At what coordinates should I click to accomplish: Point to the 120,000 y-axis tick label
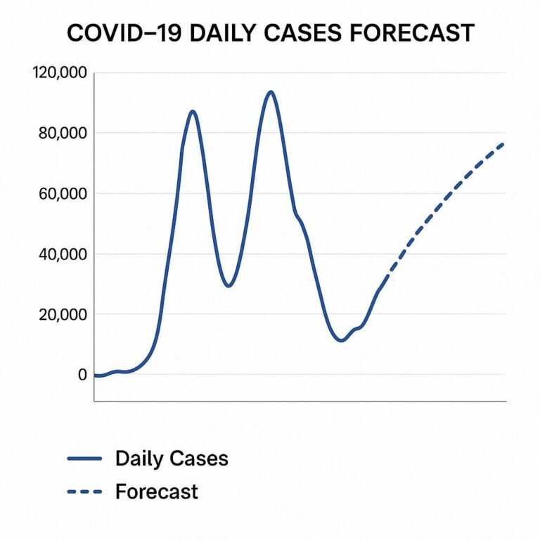(60, 73)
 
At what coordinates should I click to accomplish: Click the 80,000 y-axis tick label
(63, 134)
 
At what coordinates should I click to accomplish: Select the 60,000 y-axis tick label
(63, 194)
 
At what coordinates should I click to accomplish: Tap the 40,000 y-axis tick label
(63, 255)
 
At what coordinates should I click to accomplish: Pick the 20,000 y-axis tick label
(63, 315)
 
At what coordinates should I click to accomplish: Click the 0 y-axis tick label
(82, 375)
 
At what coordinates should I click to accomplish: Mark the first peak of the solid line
(192, 111)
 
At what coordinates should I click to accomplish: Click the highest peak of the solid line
(270, 91)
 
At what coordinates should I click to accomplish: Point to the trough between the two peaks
(228, 285)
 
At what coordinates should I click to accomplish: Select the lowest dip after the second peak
(342, 340)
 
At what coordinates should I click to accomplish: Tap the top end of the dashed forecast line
(503, 143)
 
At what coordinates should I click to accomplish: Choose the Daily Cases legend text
(172, 459)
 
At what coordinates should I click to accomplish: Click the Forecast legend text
(157, 491)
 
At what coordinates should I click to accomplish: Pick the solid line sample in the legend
(85, 459)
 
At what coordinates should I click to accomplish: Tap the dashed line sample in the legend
(85, 491)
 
